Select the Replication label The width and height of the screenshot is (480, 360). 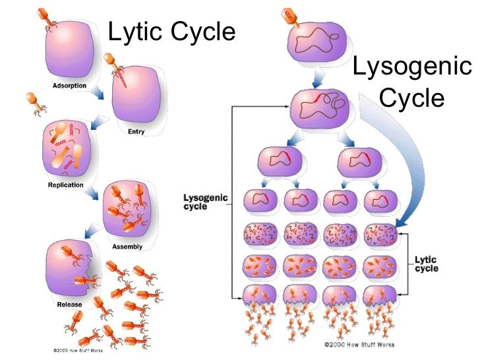(65, 185)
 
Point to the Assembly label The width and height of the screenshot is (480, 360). (127, 247)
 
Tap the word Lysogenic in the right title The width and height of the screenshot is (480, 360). (412, 67)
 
